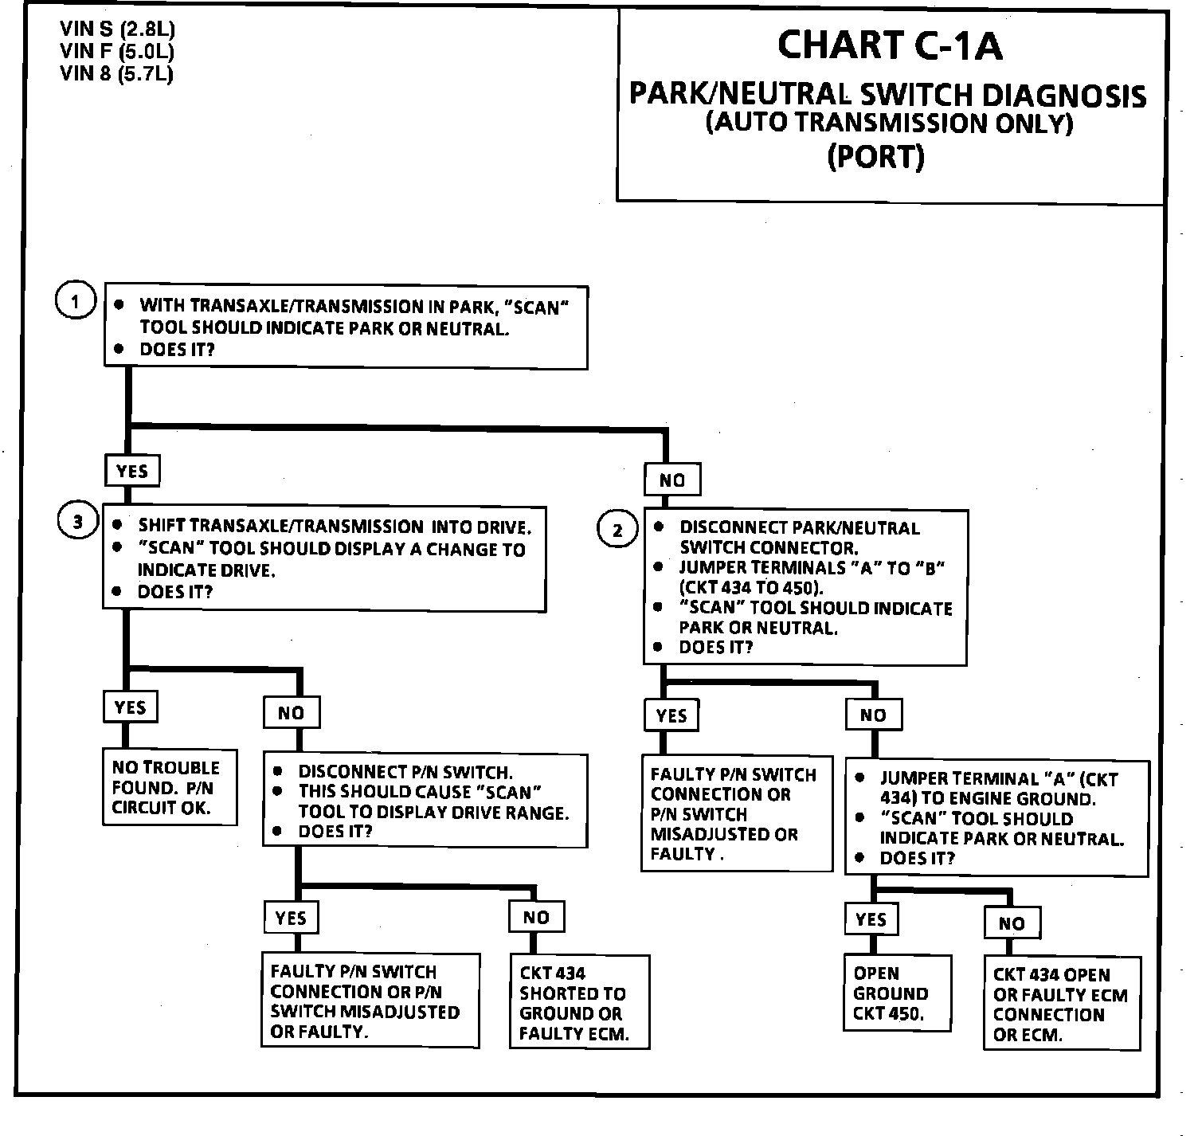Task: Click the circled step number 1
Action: (76, 302)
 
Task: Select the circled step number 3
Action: (77, 522)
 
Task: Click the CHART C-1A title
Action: (889, 45)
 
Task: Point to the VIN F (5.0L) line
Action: (116, 52)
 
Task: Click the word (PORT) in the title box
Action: (875, 156)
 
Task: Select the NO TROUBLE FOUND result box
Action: (170, 787)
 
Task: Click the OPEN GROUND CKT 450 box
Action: (898, 993)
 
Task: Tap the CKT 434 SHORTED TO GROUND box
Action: (579, 1003)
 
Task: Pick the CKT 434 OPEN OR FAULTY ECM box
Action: (1062, 1004)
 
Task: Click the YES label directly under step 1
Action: (132, 471)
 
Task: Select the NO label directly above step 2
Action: (672, 480)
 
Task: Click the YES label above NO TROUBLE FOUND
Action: (130, 707)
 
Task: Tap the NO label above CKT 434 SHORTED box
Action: (536, 918)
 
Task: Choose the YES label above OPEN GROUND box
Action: (871, 919)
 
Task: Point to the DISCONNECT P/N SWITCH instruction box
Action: (425, 801)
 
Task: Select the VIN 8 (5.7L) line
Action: (116, 74)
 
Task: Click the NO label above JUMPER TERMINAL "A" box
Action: (873, 715)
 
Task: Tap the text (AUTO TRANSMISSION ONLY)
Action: (889, 123)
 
